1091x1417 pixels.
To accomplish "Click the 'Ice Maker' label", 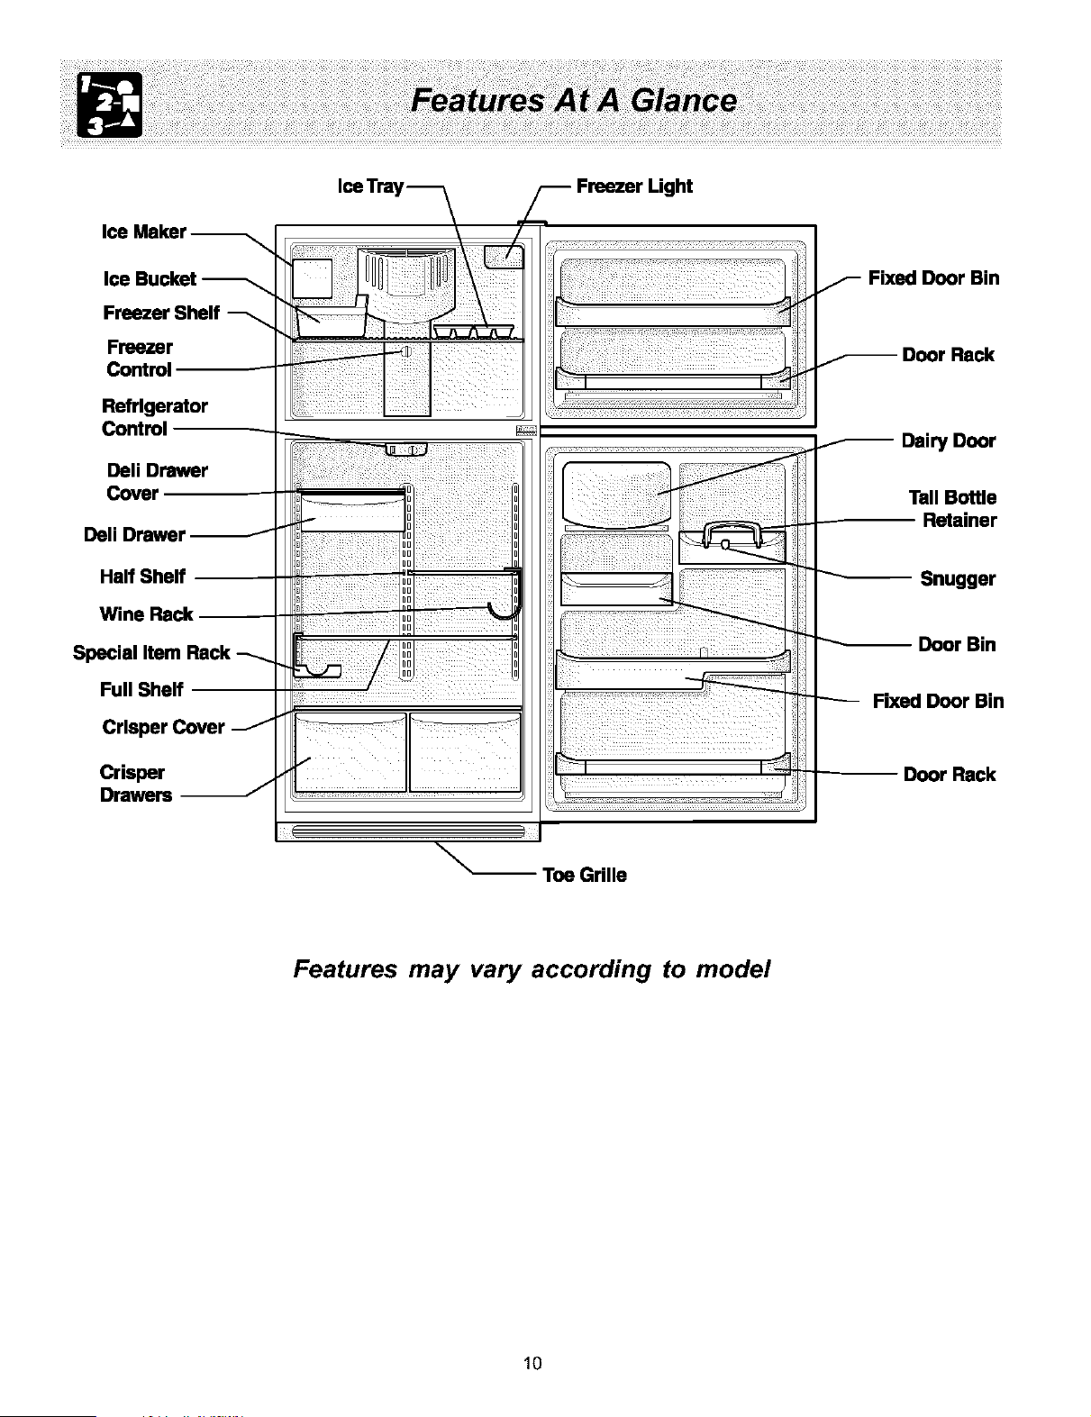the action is click(x=143, y=232).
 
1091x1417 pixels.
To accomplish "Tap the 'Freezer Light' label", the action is click(x=634, y=186).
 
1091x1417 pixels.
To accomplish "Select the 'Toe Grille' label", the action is click(x=585, y=875).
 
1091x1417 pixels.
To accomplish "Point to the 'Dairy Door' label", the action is click(x=948, y=441).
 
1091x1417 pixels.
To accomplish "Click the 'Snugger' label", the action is click(x=958, y=579).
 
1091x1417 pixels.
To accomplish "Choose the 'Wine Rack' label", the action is click(x=146, y=614).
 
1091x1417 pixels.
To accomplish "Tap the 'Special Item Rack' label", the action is click(x=151, y=653).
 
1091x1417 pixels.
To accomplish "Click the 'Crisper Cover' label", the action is click(x=163, y=727).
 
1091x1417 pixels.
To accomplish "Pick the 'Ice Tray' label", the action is click(x=370, y=186).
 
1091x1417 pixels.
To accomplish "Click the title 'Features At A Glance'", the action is click(x=574, y=101).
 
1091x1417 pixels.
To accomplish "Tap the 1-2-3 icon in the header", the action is click(x=110, y=104).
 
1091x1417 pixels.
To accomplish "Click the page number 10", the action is click(x=532, y=1363).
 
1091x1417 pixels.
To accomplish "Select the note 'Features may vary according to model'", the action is click(x=532, y=969).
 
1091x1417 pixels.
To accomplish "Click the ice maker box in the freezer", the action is click(x=313, y=278).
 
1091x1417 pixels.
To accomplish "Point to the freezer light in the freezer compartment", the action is click(x=505, y=257).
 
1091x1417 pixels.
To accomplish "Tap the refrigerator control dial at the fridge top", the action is click(x=405, y=450).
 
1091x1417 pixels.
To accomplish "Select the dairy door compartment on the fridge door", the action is click(x=616, y=495).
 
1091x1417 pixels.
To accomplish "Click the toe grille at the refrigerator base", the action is click(x=408, y=831).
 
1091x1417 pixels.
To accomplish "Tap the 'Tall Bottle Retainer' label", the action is click(x=953, y=509).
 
